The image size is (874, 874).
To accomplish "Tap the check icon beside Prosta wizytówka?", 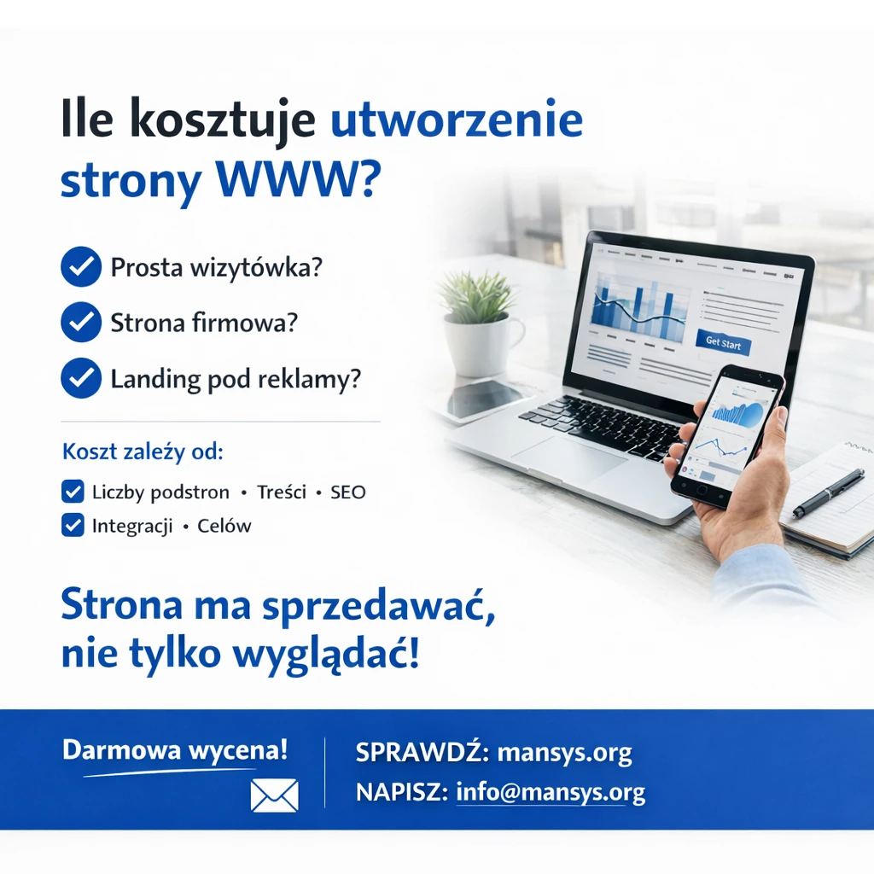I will pos(81,268).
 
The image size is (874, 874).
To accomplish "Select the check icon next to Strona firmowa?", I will pos(81,323).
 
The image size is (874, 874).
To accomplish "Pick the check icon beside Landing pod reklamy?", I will pos(81,378).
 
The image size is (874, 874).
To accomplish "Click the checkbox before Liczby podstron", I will pos(73,492).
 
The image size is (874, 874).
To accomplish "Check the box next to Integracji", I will pos(73,525).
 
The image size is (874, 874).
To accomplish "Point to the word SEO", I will pos(347,492).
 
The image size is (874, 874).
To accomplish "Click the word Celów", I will pos(224,526).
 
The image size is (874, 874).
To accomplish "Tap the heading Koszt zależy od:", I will pos(143,452).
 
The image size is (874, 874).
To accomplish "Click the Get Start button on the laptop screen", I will pos(724,343).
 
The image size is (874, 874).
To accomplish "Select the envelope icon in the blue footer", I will pos(274,795).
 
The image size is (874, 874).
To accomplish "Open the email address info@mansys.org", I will pos(551,792).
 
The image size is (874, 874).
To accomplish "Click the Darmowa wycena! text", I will pos(175,751).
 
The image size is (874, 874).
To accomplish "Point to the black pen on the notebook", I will pos(828,493).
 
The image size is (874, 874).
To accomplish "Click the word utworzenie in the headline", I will pos(456,120).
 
